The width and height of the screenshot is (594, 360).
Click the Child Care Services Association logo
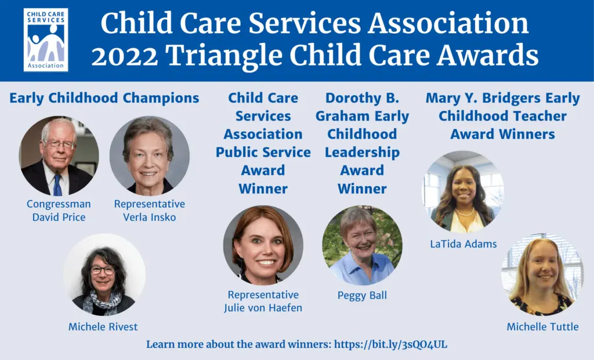(x=46, y=40)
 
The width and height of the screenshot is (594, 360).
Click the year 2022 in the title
(x=125, y=56)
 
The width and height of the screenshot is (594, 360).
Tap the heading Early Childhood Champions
(x=104, y=98)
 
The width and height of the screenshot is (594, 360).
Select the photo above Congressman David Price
(x=59, y=155)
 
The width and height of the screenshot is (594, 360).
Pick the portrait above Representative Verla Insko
(x=150, y=155)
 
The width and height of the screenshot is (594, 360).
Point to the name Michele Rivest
(x=103, y=327)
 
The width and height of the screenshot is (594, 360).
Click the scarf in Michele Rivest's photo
(x=102, y=301)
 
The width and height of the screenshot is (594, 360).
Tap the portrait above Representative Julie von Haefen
(x=263, y=245)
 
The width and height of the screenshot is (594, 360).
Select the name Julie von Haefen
(x=263, y=308)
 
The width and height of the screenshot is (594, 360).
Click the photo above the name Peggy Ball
(x=362, y=245)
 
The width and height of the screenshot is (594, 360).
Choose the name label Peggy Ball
(x=362, y=295)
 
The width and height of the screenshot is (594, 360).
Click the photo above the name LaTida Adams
(x=463, y=191)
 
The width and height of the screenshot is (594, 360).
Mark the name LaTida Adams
(x=463, y=244)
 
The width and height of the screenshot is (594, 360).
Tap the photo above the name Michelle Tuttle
(x=542, y=274)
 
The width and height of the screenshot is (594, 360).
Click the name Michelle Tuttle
(x=542, y=327)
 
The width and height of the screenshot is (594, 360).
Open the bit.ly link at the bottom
(x=390, y=344)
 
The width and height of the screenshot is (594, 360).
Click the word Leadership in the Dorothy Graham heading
(x=362, y=152)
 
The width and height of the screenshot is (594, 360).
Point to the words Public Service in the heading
(x=263, y=152)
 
